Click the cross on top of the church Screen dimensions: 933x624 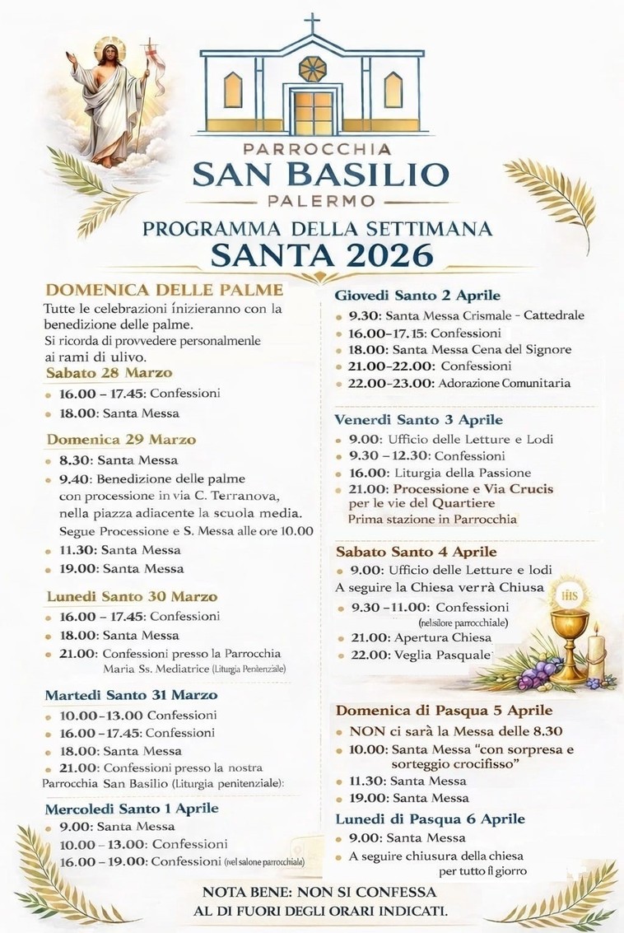[x=312, y=22]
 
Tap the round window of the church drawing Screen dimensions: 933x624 [x=312, y=68]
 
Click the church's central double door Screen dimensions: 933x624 [x=312, y=113]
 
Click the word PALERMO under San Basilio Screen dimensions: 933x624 [x=321, y=200]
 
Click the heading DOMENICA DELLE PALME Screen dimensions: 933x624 [x=165, y=290]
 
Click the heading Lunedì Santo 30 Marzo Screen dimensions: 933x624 [x=131, y=596]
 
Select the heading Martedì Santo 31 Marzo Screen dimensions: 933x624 [x=134, y=696]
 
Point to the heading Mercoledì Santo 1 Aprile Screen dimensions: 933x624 [x=132, y=808]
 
